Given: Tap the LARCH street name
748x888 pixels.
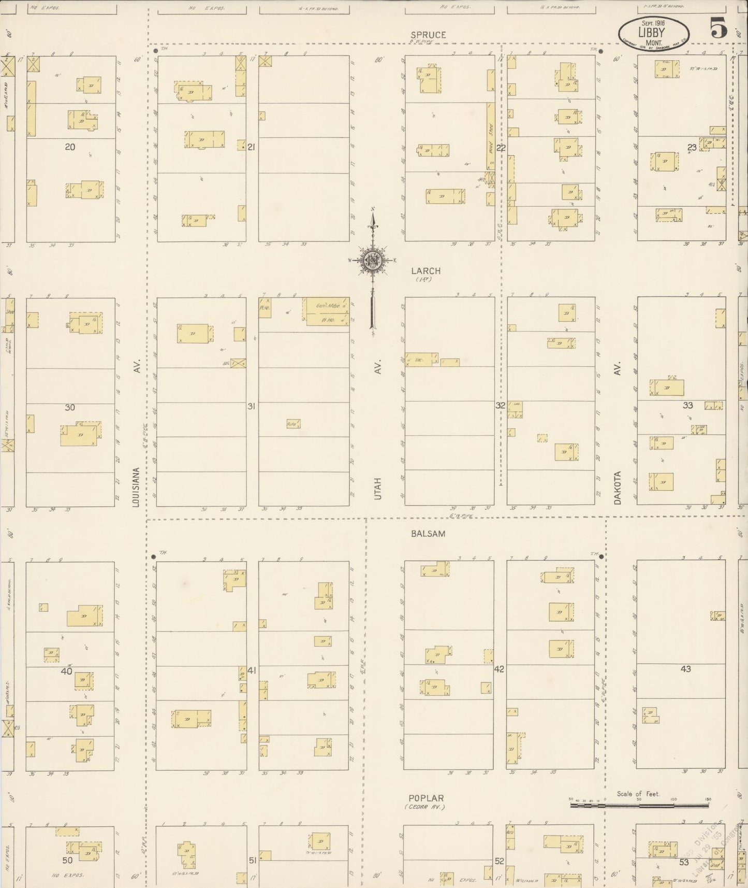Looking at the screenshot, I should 426,270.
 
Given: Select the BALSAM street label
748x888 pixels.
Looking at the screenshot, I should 428,533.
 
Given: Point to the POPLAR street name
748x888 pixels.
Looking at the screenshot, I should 426,798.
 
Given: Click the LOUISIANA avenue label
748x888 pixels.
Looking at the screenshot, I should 137,487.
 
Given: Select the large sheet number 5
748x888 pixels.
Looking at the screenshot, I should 717,27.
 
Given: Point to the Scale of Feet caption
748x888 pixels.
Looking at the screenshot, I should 638,794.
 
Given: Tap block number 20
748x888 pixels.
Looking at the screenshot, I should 70,147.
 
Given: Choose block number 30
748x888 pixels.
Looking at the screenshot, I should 70,407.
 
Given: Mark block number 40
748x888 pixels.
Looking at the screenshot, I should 66,671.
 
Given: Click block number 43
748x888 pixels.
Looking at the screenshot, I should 685,669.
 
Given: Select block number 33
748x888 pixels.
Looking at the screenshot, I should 687,405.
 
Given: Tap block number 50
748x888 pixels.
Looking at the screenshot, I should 67,861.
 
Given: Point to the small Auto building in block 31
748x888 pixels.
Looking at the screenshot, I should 293,424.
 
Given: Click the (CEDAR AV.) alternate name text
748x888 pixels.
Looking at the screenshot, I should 425,807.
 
